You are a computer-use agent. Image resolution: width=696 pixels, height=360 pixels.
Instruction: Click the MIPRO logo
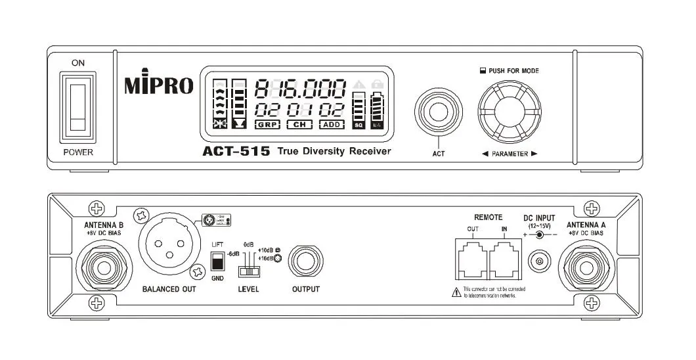pyautogui.click(x=158, y=86)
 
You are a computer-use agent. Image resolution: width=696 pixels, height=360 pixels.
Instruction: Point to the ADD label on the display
pyautogui.click(x=332, y=124)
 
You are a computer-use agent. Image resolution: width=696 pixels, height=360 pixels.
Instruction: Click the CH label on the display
pyautogui.click(x=299, y=124)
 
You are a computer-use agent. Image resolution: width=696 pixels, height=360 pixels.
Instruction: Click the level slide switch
pyautogui.click(x=248, y=271)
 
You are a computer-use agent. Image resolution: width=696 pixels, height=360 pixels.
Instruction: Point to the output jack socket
pyautogui.click(x=306, y=261)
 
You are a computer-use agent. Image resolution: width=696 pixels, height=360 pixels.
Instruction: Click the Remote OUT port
pyautogui.click(x=472, y=260)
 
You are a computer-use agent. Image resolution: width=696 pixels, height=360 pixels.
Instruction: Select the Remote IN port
pyautogui.click(x=504, y=260)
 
